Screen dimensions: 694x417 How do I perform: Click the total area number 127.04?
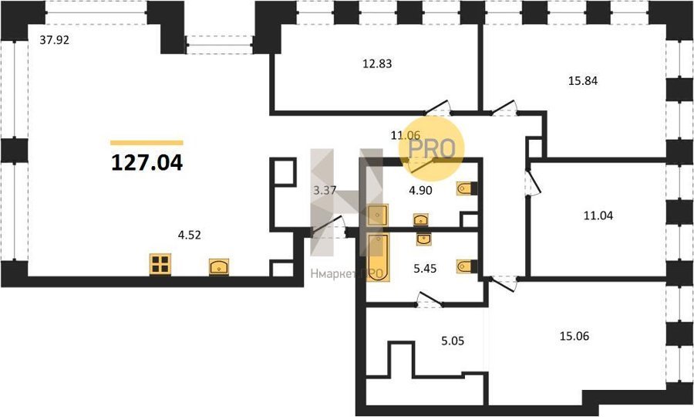pyautogui.click(x=147, y=163)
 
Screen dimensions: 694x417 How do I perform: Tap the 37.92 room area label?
pyautogui.click(x=55, y=40)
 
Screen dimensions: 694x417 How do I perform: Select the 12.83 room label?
pyautogui.click(x=377, y=64)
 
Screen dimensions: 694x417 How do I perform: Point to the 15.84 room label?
pyautogui.click(x=583, y=81)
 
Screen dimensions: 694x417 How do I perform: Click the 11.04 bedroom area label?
pyautogui.click(x=598, y=215)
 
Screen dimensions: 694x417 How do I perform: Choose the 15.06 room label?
pyautogui.click(x=574, y=337)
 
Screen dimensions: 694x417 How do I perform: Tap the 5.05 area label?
pyautogui.click(x=453, y=341)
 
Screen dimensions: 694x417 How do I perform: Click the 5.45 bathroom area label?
pyautogui.click(x=425, y=269)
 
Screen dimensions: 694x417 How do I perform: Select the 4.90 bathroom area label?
pyautogui.click(x=420, y=191)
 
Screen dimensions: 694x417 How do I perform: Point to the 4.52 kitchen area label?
pyautogui.click(x=190, y=235)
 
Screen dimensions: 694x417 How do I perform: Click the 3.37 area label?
pyautogui.click(x=325, y=191)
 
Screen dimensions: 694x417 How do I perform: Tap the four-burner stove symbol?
pyautogui.click(x=160, y=264)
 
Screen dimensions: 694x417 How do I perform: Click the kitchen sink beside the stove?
pyautogui.click(x=219, y=267)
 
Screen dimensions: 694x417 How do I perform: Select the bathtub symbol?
pyautogui.click(x=378, y=257)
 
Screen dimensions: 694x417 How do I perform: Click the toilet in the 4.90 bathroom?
pyautogui.click(x=467, y=188)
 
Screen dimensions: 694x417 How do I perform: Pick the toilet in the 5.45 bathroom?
pyautogui.click(x=467, y=266)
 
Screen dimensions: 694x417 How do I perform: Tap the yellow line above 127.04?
pyautogui.click(x=147, y=143)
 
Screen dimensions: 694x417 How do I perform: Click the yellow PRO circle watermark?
pyautogui.click(x=432, y=148)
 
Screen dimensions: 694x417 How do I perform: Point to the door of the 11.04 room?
pyautogui.click(x=532, y=182)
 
